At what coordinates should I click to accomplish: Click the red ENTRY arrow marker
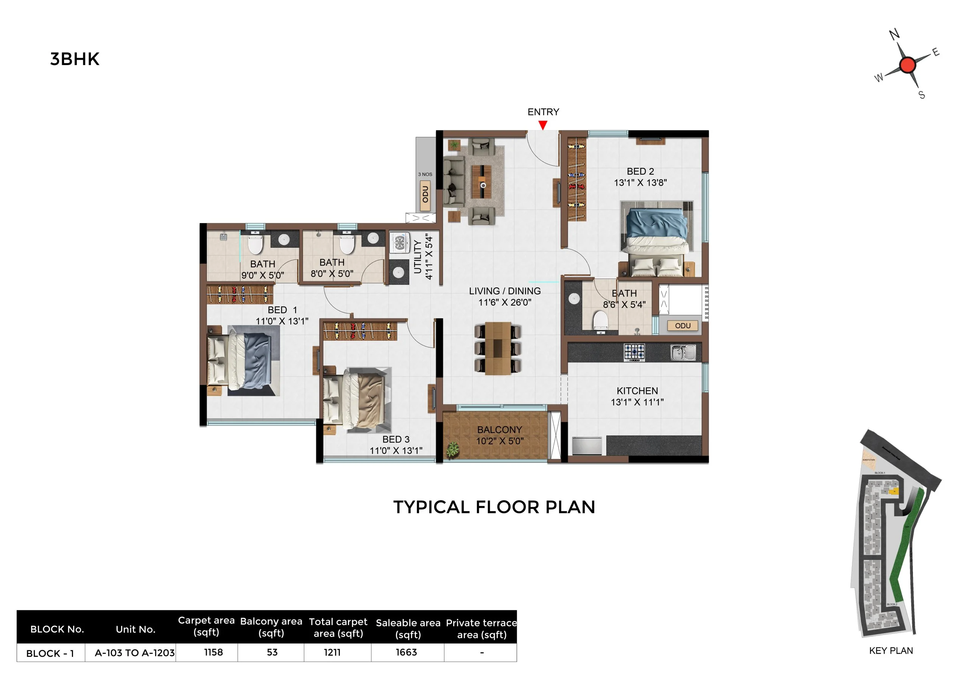(x=543, y=125)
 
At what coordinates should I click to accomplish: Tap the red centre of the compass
(x=907, y=65)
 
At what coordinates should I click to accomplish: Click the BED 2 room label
(x=640, y=171)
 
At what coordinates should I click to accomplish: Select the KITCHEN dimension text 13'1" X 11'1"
(x=637, y=402)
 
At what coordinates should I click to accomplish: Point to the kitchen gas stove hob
(x=634, y=352)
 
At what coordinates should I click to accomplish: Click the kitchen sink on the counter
(x=683, y=352)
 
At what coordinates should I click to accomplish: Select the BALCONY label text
(x=499, y=430)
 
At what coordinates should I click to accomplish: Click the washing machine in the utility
(x=399, y=242)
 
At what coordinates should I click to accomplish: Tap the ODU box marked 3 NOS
(x=425, y=195)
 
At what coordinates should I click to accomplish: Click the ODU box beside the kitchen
(x=682, y=326)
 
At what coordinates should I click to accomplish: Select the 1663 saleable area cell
(x=406, y=652)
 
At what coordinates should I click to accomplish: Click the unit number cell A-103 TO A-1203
(x=134, y=653)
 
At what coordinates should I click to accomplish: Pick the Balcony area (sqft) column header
(x=271, y=627)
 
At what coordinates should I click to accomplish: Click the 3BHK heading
(x=75, y=59)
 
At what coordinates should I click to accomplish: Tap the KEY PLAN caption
(x=891, y=651)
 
